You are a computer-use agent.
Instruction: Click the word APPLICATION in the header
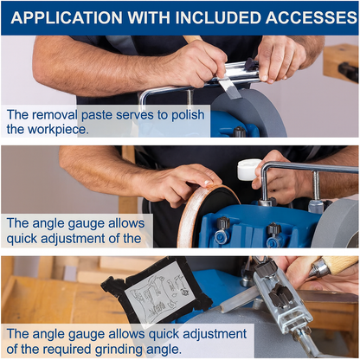tap(67, 17)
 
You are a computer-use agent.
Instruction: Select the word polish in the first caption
tap(188, 115)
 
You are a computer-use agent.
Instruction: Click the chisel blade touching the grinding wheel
tap(228, 88)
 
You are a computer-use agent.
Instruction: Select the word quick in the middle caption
tap(22, 239)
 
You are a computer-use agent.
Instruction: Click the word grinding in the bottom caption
tap(121, 350)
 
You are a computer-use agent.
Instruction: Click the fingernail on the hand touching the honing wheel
tap(206, 183)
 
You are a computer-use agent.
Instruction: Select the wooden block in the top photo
tap(341, 63)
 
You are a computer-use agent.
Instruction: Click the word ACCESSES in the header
tap(312, 17)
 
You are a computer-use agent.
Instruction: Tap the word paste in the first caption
tap(97, 115)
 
